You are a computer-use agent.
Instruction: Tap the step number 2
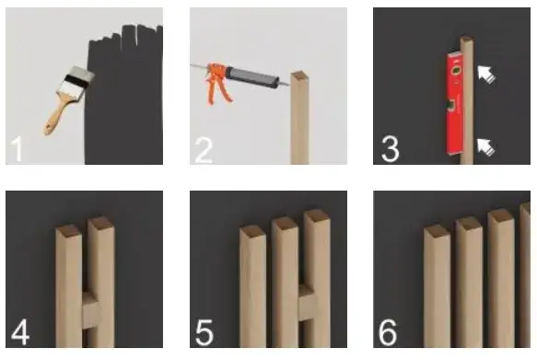[x=204, y=150]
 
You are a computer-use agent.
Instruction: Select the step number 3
[x=391, y=149]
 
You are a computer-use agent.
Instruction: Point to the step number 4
[x=20, y=332]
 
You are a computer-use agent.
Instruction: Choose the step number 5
[x=204, y=332]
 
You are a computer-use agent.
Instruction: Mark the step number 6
[x=388, y=332]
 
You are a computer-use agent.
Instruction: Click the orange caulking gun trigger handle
[x=216, y=84]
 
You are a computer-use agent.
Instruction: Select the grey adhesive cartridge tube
[x=251, y=77]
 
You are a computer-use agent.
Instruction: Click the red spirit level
[x=455, y=103]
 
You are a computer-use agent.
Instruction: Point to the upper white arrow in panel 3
[x=486, y=75]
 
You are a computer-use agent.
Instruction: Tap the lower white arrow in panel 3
[x=486, y=147]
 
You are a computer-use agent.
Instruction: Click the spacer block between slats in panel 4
[x=92, y=310]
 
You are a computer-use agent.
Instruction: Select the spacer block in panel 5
[x=307, y=302]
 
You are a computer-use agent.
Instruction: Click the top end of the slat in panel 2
[x=300, y=75]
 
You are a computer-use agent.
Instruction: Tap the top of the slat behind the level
[x=466, y=39]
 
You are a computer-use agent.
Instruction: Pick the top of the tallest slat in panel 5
[x=317, y=215]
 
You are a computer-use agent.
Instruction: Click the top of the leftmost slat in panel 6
[x=437, y=231]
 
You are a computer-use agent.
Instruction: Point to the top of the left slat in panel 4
[x=69, y=231]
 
